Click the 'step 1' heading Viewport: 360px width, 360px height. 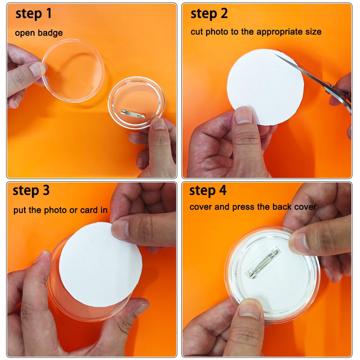coord(33,14)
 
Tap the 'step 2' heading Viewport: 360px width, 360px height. coord(209,14)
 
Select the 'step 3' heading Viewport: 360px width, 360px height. coord(31,191)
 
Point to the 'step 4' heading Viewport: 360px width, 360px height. coord(208,191)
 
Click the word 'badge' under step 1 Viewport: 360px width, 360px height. coord(50,33)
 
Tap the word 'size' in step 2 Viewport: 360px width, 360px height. coord(313,32)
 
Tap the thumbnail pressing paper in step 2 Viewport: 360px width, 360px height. coord(244,115)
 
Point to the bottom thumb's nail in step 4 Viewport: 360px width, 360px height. coord(249,309)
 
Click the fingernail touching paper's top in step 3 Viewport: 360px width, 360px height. coord(120,229)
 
